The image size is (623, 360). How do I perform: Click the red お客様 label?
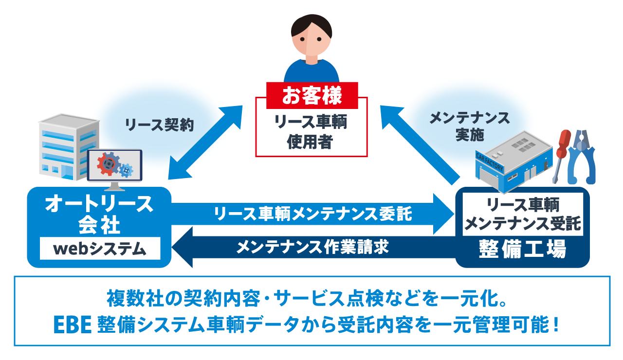[312, 95]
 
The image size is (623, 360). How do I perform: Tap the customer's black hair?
[311, 24]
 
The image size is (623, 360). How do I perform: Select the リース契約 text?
[159, 125]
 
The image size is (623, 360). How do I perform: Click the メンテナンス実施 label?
[470, 126]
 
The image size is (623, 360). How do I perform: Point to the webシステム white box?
[100, 248]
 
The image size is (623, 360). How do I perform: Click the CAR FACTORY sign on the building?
[490, 162]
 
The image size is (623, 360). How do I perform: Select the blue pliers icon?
[582, 157]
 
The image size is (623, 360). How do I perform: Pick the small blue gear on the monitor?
[126, 170]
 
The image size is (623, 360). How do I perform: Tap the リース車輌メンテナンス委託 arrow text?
[313, 214]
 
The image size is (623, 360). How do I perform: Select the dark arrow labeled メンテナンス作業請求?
[313, 247]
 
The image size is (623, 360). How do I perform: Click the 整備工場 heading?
[522, 249]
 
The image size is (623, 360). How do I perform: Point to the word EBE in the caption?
[73, 324]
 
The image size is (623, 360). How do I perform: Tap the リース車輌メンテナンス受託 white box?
[523, 214]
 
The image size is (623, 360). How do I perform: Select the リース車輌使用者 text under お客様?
[311, 131]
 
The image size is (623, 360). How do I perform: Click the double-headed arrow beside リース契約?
[205, 143]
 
